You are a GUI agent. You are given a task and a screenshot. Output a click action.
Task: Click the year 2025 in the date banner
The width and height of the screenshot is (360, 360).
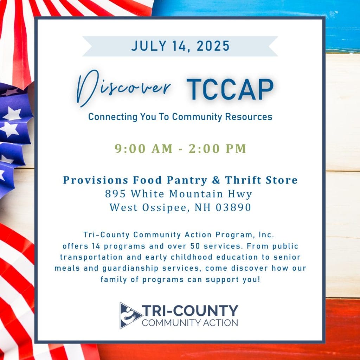(213, 46)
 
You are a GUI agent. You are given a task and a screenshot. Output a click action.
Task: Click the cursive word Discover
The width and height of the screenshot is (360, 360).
(123, 88)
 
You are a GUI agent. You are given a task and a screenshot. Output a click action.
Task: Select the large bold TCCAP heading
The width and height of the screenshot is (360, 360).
(230, 89)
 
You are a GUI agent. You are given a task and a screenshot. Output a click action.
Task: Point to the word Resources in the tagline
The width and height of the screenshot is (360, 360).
(249, 117)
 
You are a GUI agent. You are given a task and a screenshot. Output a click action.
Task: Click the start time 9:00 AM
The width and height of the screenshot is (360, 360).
(144, 149)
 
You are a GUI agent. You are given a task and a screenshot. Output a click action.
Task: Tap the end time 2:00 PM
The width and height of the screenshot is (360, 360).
(217, 149)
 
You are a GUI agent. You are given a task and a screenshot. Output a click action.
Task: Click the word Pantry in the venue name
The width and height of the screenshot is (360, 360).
(187, 180)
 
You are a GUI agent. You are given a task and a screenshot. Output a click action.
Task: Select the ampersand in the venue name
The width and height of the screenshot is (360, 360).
(216, 180)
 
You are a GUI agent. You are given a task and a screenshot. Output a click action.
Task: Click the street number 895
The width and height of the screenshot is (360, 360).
(115, 194)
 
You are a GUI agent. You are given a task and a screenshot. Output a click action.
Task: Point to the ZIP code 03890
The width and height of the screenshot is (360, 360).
(233, 207)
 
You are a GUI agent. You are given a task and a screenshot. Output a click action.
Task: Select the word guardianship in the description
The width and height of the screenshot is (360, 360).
(130, 268)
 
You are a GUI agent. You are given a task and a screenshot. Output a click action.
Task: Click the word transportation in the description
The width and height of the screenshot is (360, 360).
(91, 257)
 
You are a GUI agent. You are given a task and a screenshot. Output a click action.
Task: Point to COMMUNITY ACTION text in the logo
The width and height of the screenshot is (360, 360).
(190, 323)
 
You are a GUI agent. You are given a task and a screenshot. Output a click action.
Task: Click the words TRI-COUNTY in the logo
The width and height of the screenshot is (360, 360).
(190, 311)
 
